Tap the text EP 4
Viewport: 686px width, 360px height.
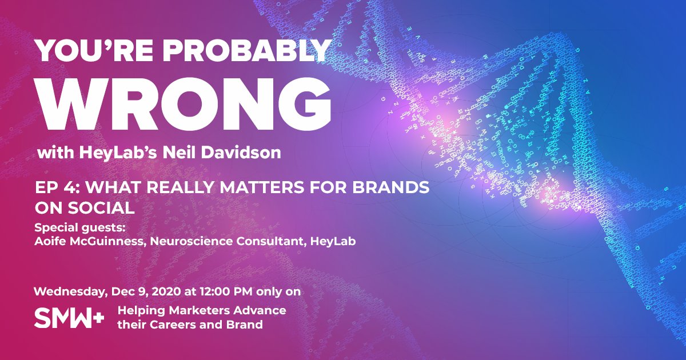coord(52,189)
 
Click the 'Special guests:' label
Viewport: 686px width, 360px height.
coord(79,227)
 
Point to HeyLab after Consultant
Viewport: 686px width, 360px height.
coord(333,242)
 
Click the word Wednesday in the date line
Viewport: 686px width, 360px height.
coord(69,291)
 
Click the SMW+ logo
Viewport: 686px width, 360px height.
coord(69,318)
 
